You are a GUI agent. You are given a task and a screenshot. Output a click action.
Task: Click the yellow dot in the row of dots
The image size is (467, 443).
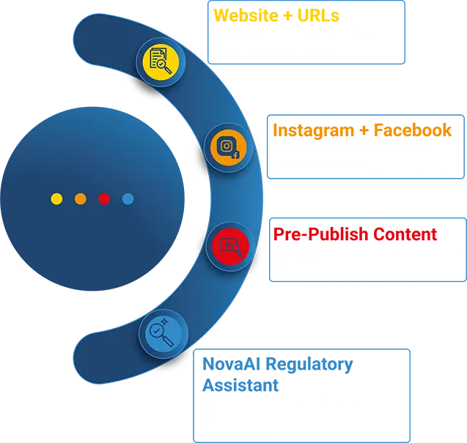[x=56, y=198]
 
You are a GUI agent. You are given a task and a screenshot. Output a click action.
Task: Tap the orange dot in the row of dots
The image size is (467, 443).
[x=81, y=198]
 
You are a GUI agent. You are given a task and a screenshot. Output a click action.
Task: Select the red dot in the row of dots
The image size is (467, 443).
[x=104, y=198]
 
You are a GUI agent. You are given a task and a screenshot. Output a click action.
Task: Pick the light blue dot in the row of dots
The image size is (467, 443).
[x=128, y=198]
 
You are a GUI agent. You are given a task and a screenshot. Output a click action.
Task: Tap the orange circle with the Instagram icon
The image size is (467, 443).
[x=228, y=147]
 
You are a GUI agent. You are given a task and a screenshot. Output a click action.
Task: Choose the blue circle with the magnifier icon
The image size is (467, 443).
[x=162, y=334]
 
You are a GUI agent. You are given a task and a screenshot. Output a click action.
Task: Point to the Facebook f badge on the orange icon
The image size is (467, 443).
[x=236, y=155]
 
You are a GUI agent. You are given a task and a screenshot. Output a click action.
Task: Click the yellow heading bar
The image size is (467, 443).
[x=304, y=15]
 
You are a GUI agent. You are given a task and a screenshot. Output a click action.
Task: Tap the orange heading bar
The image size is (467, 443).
[x=366, y=131]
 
